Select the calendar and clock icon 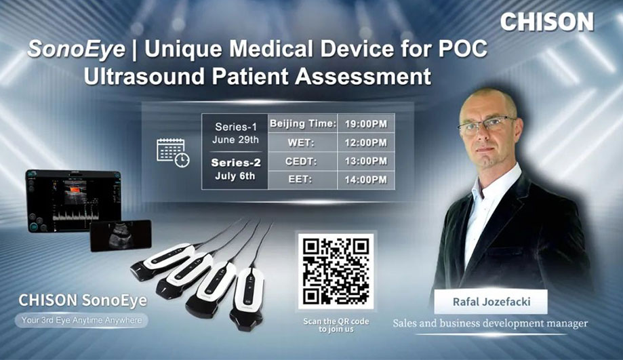click(x=173, y=152)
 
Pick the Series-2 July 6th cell click(x=235, y=169)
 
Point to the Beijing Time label click(x=303, y=124)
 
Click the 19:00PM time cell click(x=365, y=124)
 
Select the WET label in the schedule click(x=303, y=142)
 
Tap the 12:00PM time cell click(x=365, y=142)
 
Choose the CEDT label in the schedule click(x=303, y=161)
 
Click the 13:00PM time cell click(x=365, y=161)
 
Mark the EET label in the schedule click(x=303, y=180)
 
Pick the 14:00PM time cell click(x=365, y=180)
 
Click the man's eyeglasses click(x=486, y=125)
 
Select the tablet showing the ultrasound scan click(x=73, y=200)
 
